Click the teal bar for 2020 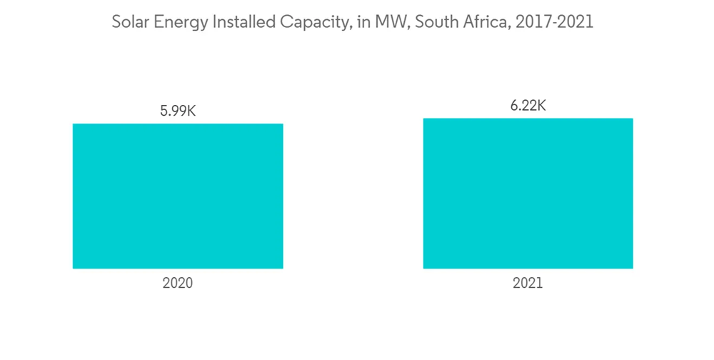[178, 196]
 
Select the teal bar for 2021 [528, 193]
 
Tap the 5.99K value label [178, 111]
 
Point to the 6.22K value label [528, 106]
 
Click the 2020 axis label [178, 283]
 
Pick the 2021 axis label [528, 283]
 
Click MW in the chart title [379, 23]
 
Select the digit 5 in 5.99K [164, 111]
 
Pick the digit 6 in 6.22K [514, 106]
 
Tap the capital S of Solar [116, 23]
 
